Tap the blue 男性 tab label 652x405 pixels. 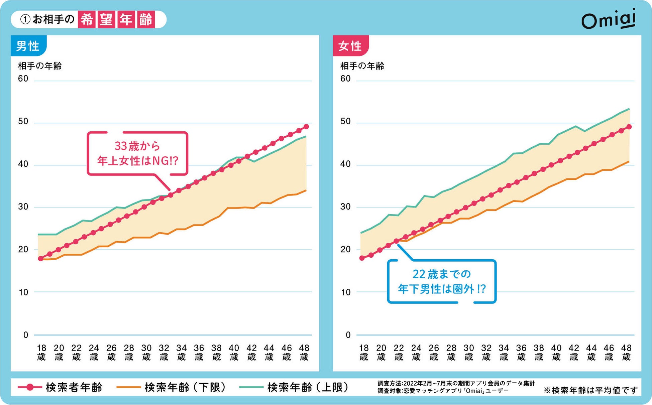pos(28,46)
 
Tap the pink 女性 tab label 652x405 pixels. pos(350,46)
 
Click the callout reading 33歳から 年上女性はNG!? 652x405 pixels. pos(137,153)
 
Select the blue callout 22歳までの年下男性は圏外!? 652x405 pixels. pos(441,281)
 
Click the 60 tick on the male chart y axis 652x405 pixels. pos(23,79)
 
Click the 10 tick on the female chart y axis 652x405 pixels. pos(346,292)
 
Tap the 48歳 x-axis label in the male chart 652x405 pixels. pos(304,353)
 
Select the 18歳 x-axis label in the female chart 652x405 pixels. pos(363,353)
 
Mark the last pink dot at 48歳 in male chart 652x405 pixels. pos(306,127)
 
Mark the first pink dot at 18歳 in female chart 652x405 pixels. pos(362,258)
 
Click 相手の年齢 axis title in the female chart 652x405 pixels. pos(362,66)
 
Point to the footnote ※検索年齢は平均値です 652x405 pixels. pos(590,390)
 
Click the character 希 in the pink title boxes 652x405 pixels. pos(87,19)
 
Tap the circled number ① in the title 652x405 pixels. pos(25,19)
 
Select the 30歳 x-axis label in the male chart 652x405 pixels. pos(146,353)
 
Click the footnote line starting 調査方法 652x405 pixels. pos(456,383)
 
